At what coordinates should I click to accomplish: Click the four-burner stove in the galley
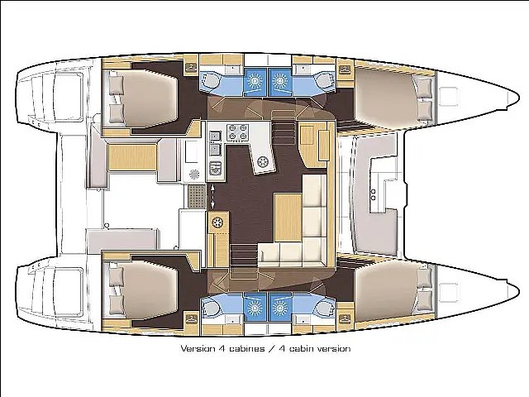[x=237, y=132]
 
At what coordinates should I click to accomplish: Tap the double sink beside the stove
[x=215, y=142]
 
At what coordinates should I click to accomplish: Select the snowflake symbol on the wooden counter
[x=217, y=222]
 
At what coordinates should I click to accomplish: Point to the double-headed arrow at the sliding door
[x=212, y=196]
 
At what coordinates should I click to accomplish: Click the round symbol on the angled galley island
[x=262, y=162]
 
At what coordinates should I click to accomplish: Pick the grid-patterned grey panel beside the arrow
[x=197, y=196]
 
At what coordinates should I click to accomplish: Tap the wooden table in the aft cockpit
[x=132, y=156]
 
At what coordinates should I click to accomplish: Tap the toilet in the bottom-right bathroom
[x=325, y=308]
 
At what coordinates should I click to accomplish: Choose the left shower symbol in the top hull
[x=255, y=80]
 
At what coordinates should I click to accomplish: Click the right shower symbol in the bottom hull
[x=279, y=308]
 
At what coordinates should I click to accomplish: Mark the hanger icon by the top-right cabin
[x=345, y=69]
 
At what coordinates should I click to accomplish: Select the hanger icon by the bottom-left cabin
[x=192, y=318]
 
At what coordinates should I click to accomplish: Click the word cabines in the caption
[x=247, y=348]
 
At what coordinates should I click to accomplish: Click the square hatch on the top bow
[x=450, y=97]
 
